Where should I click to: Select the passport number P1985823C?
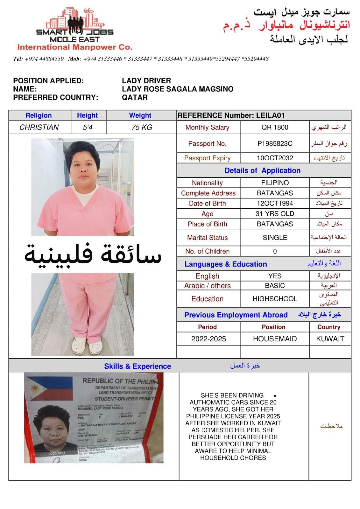pyautogui.click(x=275, y=143)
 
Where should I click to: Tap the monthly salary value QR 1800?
pyautogui.click(x=275, y=127)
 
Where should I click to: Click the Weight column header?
pyautogui.click(x=140, y=115)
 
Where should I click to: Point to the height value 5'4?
pyautogui.click(x=88, y=127)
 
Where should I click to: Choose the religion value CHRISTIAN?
pyautogui.click(x=39, y=127)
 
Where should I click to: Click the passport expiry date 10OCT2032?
pyautogui.click(x=275, y=158)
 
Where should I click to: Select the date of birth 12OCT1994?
pyautogui.click(x=275, y=203)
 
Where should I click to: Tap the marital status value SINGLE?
pyautogui.click(x=275, y=238)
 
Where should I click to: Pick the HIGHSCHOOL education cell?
pyautogui.click(x=275, y=299)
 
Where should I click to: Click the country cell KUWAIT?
pyautogui.click(x=330, y=339)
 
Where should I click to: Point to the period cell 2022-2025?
pyautogui.click(x=208, y=339)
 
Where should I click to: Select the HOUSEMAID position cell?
pyautogui.click(x=275, y=339)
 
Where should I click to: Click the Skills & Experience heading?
pyautogui.click(x=138, y=366)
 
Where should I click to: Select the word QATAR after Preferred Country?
pyautogui.click(x=135, y=97)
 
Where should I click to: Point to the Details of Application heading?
pyautogui.click(x=263, y=170)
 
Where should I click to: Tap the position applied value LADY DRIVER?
pyautogui.click(x=146, y=81)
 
